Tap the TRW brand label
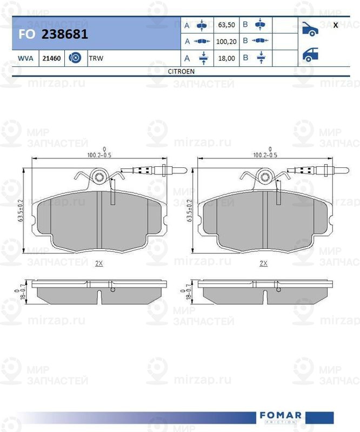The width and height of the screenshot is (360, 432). pyautogui.click(x=96, y=58)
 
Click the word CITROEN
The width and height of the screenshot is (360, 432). pyautogui.click(x=182, y=71)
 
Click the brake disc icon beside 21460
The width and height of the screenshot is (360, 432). pyautogui.click(x=75, y=58)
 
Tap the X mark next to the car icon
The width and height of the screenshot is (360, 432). pyautogui.click(x=336, y=25)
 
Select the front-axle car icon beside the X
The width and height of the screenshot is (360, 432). pyautogui.click(x=310, y=28)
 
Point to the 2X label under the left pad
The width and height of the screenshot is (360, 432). pyautogui.click(x=98, y=264)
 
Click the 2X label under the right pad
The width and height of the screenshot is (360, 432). pyautogui.click(x=264, y=264)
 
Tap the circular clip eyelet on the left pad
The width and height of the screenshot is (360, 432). pyautogui.click(x=99, y=177)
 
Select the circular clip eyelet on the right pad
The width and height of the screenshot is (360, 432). pyautogui.click(x=265, y=177)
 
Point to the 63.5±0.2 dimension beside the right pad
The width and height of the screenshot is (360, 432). pyautogui.click(x=190, y=211)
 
